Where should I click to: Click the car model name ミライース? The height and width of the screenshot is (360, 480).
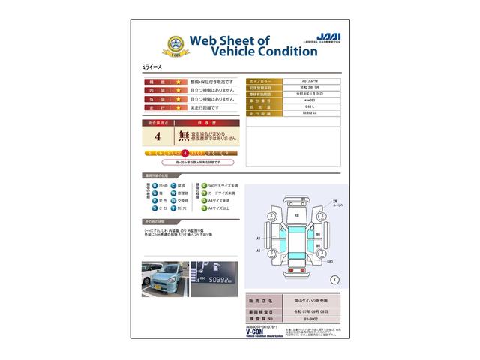point(152,67)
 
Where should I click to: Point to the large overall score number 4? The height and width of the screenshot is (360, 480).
point(157,136)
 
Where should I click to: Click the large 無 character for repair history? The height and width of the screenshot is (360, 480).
point(183,136)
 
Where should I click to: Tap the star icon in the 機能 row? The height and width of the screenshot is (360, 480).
point(179,81)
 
